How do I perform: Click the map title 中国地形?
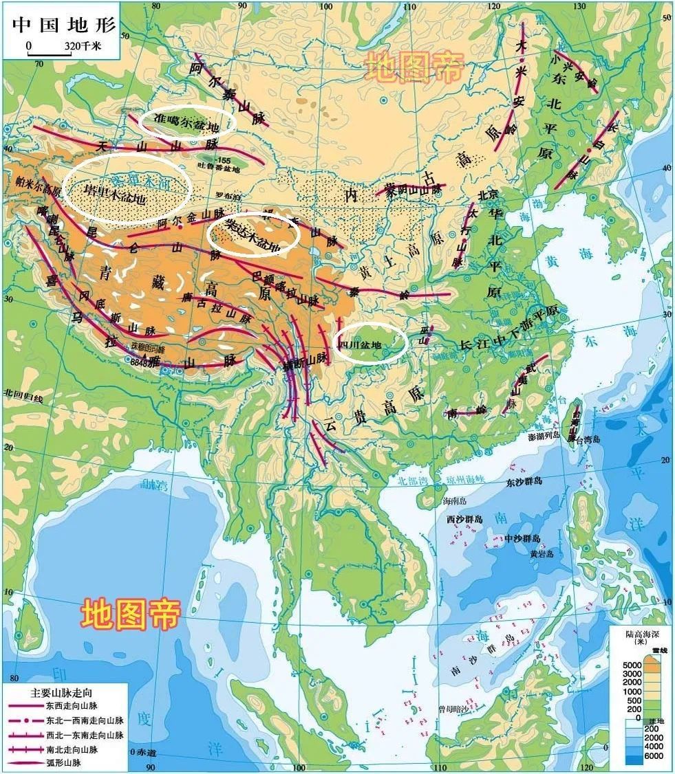coord(64,25)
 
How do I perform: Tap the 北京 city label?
coord(487,194)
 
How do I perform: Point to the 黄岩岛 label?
coord(542,553)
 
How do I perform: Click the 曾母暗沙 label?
coord(454,709)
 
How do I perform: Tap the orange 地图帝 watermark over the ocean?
coord(131,614)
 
